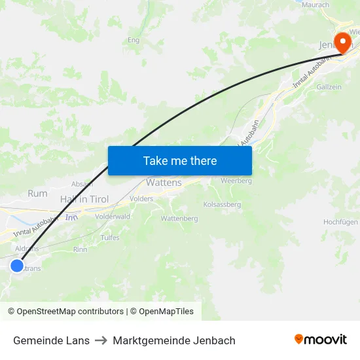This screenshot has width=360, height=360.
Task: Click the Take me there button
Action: tap(180, 160)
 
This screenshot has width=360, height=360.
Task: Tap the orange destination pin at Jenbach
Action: tap(342, 43)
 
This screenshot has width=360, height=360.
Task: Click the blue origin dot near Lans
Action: tap(16, 265)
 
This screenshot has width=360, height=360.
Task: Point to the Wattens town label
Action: tap(164, 183)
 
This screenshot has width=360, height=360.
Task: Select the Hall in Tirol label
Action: tap(84, 199)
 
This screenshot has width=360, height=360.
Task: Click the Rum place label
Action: tap(37, 194)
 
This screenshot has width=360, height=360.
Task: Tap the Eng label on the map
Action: tap(134, 40)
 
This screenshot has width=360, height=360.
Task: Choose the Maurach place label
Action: tap(316, 5)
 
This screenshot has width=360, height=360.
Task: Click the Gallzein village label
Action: tap(329, 87)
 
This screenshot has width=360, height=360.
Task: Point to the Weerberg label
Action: tap(236, 180)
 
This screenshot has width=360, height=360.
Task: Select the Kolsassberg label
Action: tap(222, 204)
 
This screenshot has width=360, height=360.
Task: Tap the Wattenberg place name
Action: tap(179, 219)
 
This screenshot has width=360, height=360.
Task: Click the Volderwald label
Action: tap(113, 216)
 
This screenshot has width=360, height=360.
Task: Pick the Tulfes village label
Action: tap(110, 238)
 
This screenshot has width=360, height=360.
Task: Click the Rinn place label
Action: tap(81, 249)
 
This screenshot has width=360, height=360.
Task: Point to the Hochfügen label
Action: tap(340, 222)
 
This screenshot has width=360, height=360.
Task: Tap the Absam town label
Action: tap(82, 184)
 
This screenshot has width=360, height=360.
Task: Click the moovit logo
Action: tap(321, 339)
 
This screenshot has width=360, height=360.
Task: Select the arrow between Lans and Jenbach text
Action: tap(101, 340)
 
